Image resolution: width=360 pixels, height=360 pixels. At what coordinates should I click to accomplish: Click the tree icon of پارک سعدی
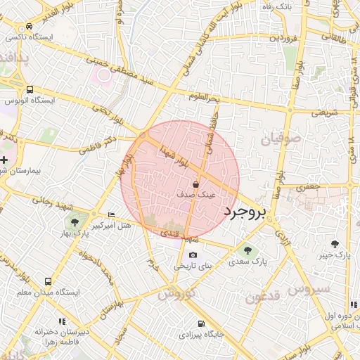(246, 250)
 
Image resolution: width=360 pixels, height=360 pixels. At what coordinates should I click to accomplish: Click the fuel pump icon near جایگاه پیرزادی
(202, 324)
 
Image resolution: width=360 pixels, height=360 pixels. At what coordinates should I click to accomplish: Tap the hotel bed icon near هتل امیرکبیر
(111, 214)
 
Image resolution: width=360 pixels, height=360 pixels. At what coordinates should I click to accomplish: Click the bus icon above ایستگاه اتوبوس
(30, 89)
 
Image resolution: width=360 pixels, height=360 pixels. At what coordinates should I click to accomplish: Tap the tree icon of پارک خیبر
(335, 245)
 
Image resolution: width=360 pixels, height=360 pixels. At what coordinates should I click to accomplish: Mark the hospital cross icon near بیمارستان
(4, 160)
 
